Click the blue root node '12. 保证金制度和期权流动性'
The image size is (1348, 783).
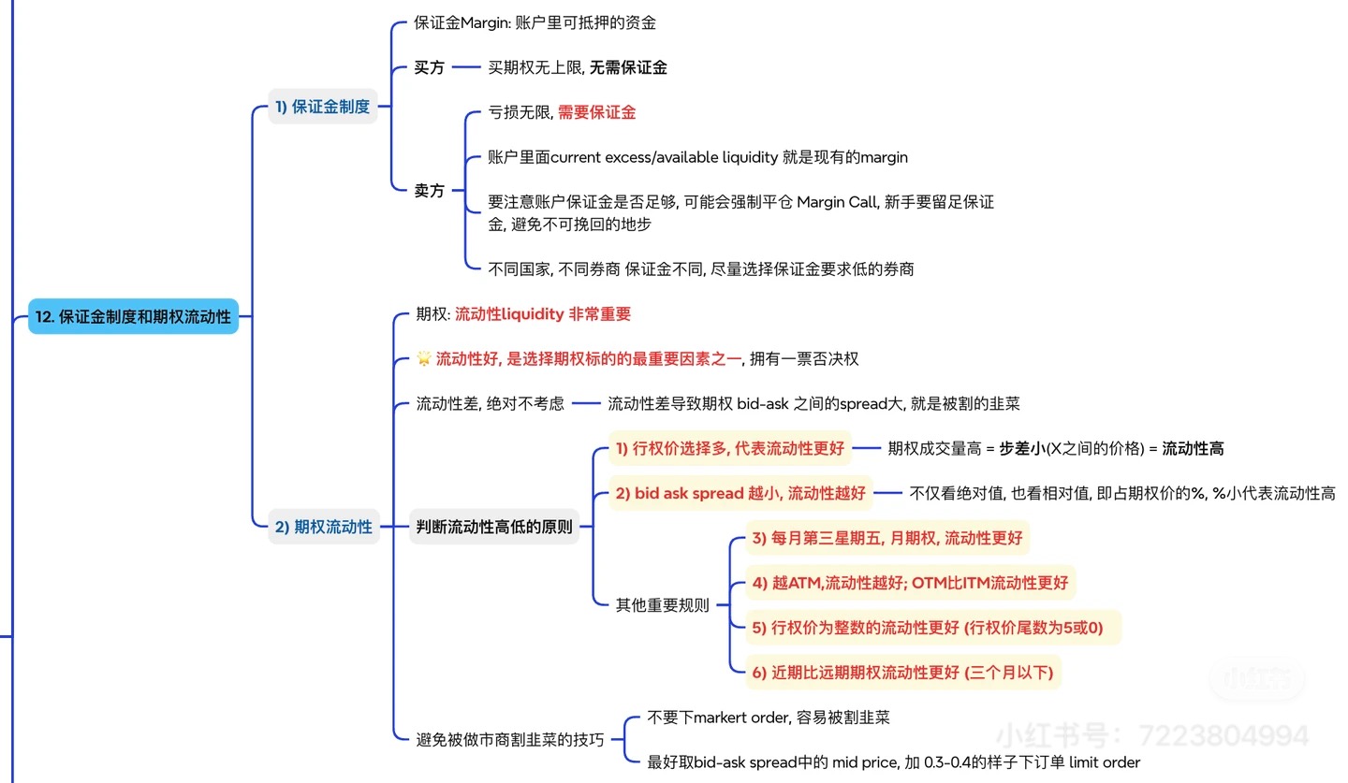point(133,317)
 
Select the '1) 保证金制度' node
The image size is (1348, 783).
point(322,107)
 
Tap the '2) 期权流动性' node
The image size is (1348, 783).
point(323,527)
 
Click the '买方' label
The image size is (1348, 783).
point(430,67)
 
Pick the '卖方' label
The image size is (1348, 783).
point(430,191)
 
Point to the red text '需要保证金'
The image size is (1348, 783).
point(596,112)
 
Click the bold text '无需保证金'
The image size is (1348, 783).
point(628,67)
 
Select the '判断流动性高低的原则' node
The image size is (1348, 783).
point(493,527)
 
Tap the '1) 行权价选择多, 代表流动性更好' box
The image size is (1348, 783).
point(729,448)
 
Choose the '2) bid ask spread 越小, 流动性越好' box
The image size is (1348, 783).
point(740,492)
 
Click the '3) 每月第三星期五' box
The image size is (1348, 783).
point(886,538)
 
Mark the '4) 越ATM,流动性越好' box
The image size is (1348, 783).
point(910,583)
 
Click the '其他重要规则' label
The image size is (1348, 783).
point(662,605)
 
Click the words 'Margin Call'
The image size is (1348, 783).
point(837,202)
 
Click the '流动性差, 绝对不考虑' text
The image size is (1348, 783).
point(490,403)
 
